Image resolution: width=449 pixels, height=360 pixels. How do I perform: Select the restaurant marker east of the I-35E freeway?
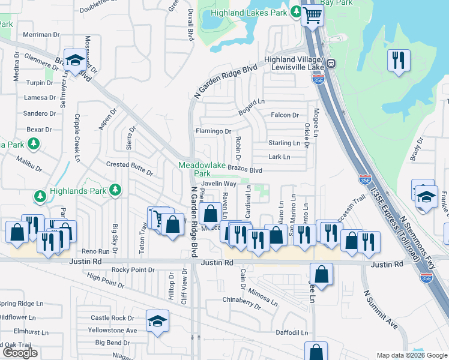pyautogui.click(x=399, y=61)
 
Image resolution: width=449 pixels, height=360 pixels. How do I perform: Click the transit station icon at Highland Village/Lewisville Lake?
pyautogui.click(x=331, y=64)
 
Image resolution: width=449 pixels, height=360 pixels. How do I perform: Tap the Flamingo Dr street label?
pyautogui.click(x=214, y=131)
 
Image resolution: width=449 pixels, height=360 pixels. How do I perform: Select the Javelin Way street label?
pyautogui.click(x=218, y=184)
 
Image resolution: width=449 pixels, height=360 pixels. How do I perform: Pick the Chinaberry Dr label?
pyautogui.click(x=242, y=302)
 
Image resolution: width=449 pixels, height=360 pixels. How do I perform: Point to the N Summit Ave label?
pyautogui.click(x=381, y=310)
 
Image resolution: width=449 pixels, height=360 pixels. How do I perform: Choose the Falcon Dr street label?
pyautogui.click(x=285, y=115)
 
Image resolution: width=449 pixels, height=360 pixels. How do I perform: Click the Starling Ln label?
pyautogui.click(x=284, y=143)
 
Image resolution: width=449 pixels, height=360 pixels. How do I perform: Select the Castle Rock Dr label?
pyautogui.click(x=112, y=318)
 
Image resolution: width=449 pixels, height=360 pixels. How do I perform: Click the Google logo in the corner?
pyautogui.click(x=20, y=353)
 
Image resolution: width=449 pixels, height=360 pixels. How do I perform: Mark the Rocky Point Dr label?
pyautogui.click(x=137, y=270)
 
